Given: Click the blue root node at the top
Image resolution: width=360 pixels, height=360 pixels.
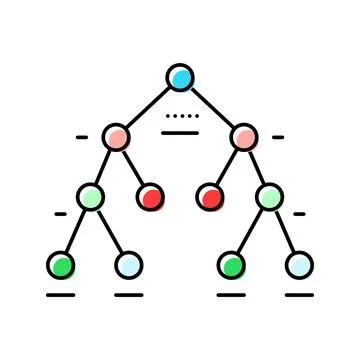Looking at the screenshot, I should point(179,78).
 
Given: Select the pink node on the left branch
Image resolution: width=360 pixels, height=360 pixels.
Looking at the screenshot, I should point(116,137).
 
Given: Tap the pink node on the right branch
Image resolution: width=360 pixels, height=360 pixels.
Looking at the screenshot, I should point(243,137).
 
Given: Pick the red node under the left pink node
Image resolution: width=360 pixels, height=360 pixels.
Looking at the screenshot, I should point(150,196).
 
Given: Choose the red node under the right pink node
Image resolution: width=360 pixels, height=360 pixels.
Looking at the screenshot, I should point(210,196).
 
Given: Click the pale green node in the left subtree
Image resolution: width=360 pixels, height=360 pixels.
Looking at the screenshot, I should point(91,196).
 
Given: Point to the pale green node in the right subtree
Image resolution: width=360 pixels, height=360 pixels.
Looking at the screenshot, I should point(269,196).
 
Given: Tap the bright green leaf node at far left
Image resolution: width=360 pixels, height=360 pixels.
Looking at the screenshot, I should point(61,265).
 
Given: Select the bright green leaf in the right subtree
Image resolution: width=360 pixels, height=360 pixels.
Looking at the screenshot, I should point(232,265).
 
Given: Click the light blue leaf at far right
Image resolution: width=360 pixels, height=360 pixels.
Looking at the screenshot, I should point(299,265).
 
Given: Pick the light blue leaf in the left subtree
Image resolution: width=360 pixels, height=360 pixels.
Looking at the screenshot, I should point(128,265).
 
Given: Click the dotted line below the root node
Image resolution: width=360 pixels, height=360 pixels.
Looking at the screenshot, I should point(180,117).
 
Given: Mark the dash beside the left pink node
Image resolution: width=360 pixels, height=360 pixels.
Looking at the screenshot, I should point(81,137).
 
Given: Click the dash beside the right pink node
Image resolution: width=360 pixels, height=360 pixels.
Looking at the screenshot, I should point(278,137).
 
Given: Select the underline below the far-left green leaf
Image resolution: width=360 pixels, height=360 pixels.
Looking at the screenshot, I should point(61,295).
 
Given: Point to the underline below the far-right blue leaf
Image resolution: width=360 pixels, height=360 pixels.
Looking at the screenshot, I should point(299,295).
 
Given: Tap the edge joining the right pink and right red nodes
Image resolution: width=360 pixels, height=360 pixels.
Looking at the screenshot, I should point(227,166).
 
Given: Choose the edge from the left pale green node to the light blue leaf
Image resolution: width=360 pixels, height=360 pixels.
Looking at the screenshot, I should point(110,231).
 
